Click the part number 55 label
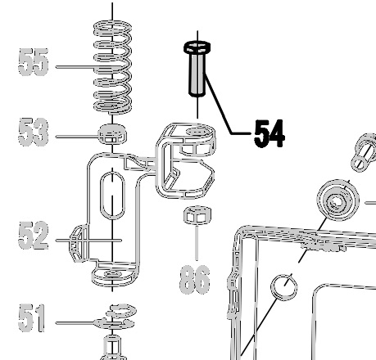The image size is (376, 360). pyautogui.click(x=34, y=62)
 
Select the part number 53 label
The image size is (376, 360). pyautogui.click(x=34, y=132)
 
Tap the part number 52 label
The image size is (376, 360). pyautogui.click(x=34, y=236)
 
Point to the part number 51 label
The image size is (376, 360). pyautogui.click(x=31, y=318)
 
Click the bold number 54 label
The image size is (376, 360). pyautogui.click(x=270, y=134)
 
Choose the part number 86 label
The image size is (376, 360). pyautogui.click(x=195, y=280)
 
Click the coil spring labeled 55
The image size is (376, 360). pyautogui.click(x=112, y=67)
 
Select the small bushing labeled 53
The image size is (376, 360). pyautogui.click(x=112, y=133)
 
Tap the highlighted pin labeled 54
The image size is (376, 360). pyautogui.click(x=197, y=69)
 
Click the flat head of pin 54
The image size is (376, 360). pyautogui.click(x=197, y=47)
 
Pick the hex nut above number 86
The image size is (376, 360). pyautogui.click(x=197, y=215)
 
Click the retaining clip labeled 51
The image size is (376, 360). pyautogui.click(x=115, y=317)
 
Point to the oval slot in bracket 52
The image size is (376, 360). pyautogui.click(x=112, y=196)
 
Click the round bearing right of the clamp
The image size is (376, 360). pyautogui.click(x=337, y=200)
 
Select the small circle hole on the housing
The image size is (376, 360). pyautogui.click(x=284, y=287)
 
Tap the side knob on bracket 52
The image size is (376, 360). pyautogui.click(x=78, y=243)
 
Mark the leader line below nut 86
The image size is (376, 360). pyautogui.click(x=197, y=242)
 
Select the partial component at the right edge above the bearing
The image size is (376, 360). pyautogui.click(x=364, y=152)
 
